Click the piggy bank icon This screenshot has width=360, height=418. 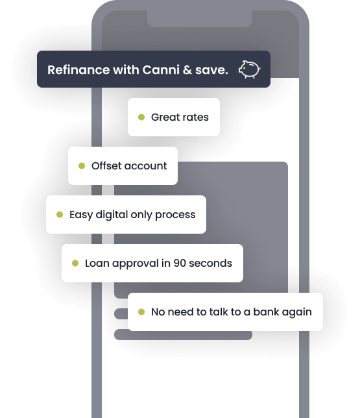pos(250,69)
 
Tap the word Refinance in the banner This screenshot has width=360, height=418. pos(78,70)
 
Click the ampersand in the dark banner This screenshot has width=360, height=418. pos(187,70)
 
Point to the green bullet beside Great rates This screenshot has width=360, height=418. pos(141,117)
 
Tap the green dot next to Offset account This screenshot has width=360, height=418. pos(82,166)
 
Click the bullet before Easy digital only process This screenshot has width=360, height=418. pos(60,214)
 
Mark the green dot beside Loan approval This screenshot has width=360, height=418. pos(75,263)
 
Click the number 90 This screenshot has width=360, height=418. pos(180,264)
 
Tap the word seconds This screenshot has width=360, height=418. pos(211,264)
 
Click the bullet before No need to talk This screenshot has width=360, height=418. pos(141,312)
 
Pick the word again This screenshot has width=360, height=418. pos(296,312)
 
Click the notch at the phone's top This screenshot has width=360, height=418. pos(200,19)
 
